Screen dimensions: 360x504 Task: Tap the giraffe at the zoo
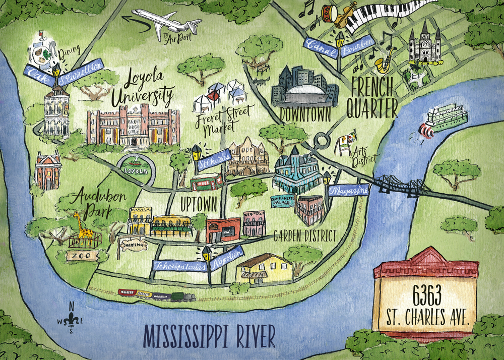tap(83, 229)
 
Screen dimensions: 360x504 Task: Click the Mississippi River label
tap(210, 336)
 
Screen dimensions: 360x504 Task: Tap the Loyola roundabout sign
tap(136, 170)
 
